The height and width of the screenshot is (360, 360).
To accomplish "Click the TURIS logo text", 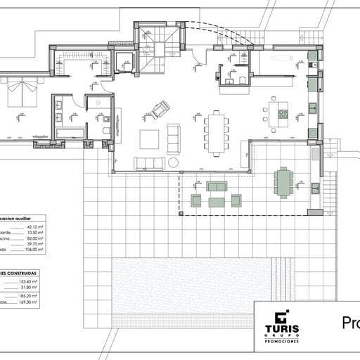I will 282,329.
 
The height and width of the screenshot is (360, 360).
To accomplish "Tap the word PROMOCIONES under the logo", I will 282,340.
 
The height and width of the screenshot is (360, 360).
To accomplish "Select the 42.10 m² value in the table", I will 34,227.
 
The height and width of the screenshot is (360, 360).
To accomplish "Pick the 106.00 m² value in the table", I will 34,249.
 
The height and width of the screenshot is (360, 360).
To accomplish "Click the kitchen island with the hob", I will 278,114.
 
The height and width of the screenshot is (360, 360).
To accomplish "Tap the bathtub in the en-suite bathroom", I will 70,132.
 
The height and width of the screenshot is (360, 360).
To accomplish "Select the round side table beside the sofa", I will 173,162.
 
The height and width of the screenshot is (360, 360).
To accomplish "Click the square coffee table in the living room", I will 150,139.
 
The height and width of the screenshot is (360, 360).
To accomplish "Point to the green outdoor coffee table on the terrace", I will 216,202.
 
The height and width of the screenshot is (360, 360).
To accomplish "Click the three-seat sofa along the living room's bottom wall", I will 148,163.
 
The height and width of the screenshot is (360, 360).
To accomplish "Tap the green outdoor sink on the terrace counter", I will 316,188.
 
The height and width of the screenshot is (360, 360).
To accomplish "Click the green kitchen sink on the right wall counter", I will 312,108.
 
